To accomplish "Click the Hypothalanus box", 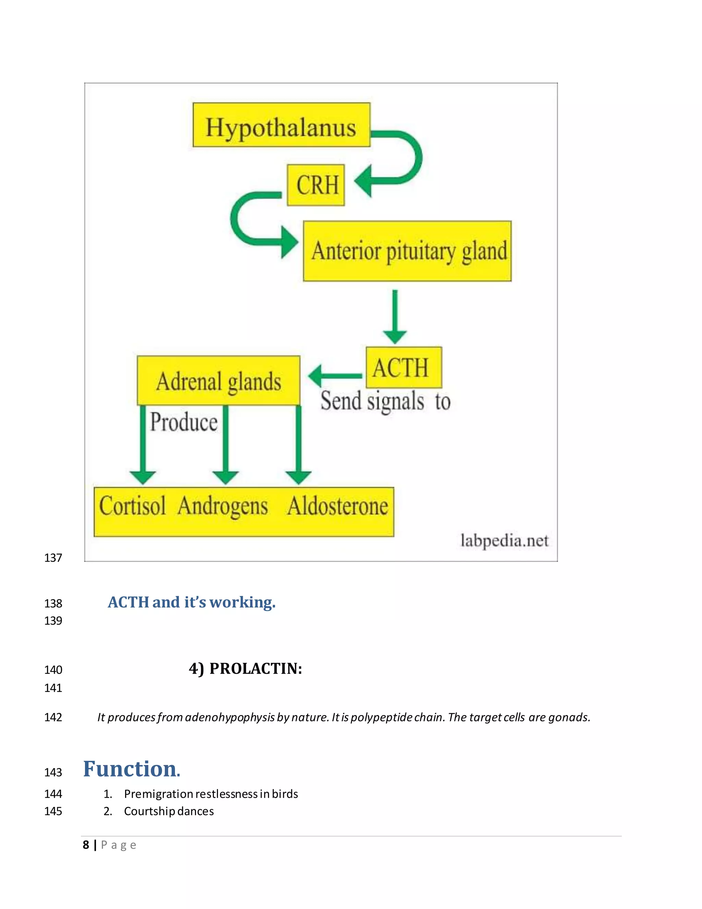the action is [x=281, y=125].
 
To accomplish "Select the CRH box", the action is [x=316, y=185].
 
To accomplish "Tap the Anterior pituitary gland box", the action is [x=408, y=251].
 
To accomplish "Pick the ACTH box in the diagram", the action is [x=403, y=367].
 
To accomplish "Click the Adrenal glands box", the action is [x=218, y=380].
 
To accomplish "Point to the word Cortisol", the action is [x=132, y=506].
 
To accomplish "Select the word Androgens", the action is [x=223, y=506].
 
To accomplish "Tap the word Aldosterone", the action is [x=338, y=506].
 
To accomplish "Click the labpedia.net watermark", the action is [x=505, y=541].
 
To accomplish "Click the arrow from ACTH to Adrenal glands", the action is [x=335, y=376].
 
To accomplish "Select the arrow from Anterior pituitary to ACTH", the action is [x=395, y=316].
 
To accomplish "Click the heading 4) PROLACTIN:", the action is [x=245, y=669].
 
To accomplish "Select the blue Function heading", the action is [x=131, y=769].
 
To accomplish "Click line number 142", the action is [x=53, y=717].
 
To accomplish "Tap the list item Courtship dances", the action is [x=169, y=811].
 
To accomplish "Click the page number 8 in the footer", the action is [x=86, y=845].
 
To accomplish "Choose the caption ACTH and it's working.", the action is [x=192, y=602].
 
